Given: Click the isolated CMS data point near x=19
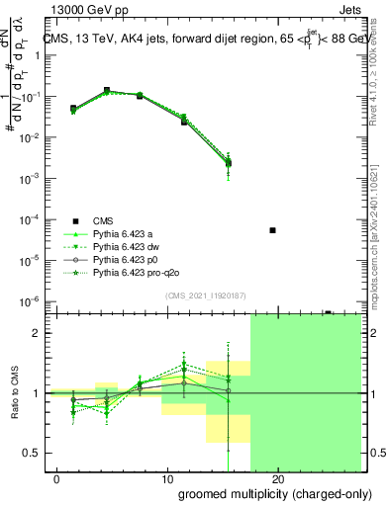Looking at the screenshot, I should pos(272,230).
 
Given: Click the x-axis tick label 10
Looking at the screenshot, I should pos(164,479).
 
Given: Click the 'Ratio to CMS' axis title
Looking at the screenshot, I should pos(14,392).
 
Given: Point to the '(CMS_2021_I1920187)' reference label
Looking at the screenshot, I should pos(205,295).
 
